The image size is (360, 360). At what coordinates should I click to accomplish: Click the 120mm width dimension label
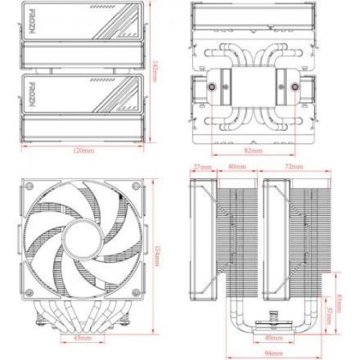coord(84,151)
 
